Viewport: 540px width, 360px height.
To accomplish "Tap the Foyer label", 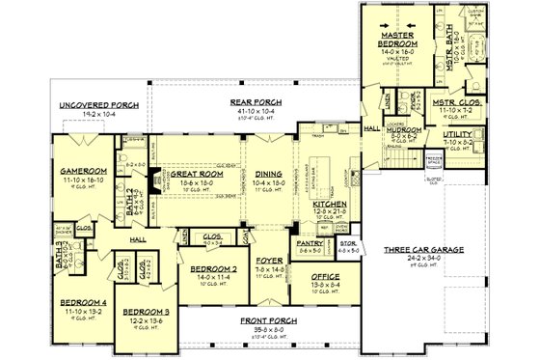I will pos(266,261).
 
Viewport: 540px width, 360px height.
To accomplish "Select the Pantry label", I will pos(310,244).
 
